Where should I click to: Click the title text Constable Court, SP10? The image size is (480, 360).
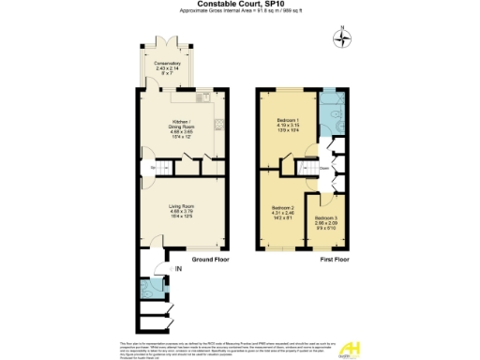pyautogui.click(x=240, y=5)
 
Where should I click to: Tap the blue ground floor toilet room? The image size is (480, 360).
pyautogui.click(x=147, y=287)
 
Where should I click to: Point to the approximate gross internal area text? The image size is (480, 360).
pyautogui.click(x=240, y=12)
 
